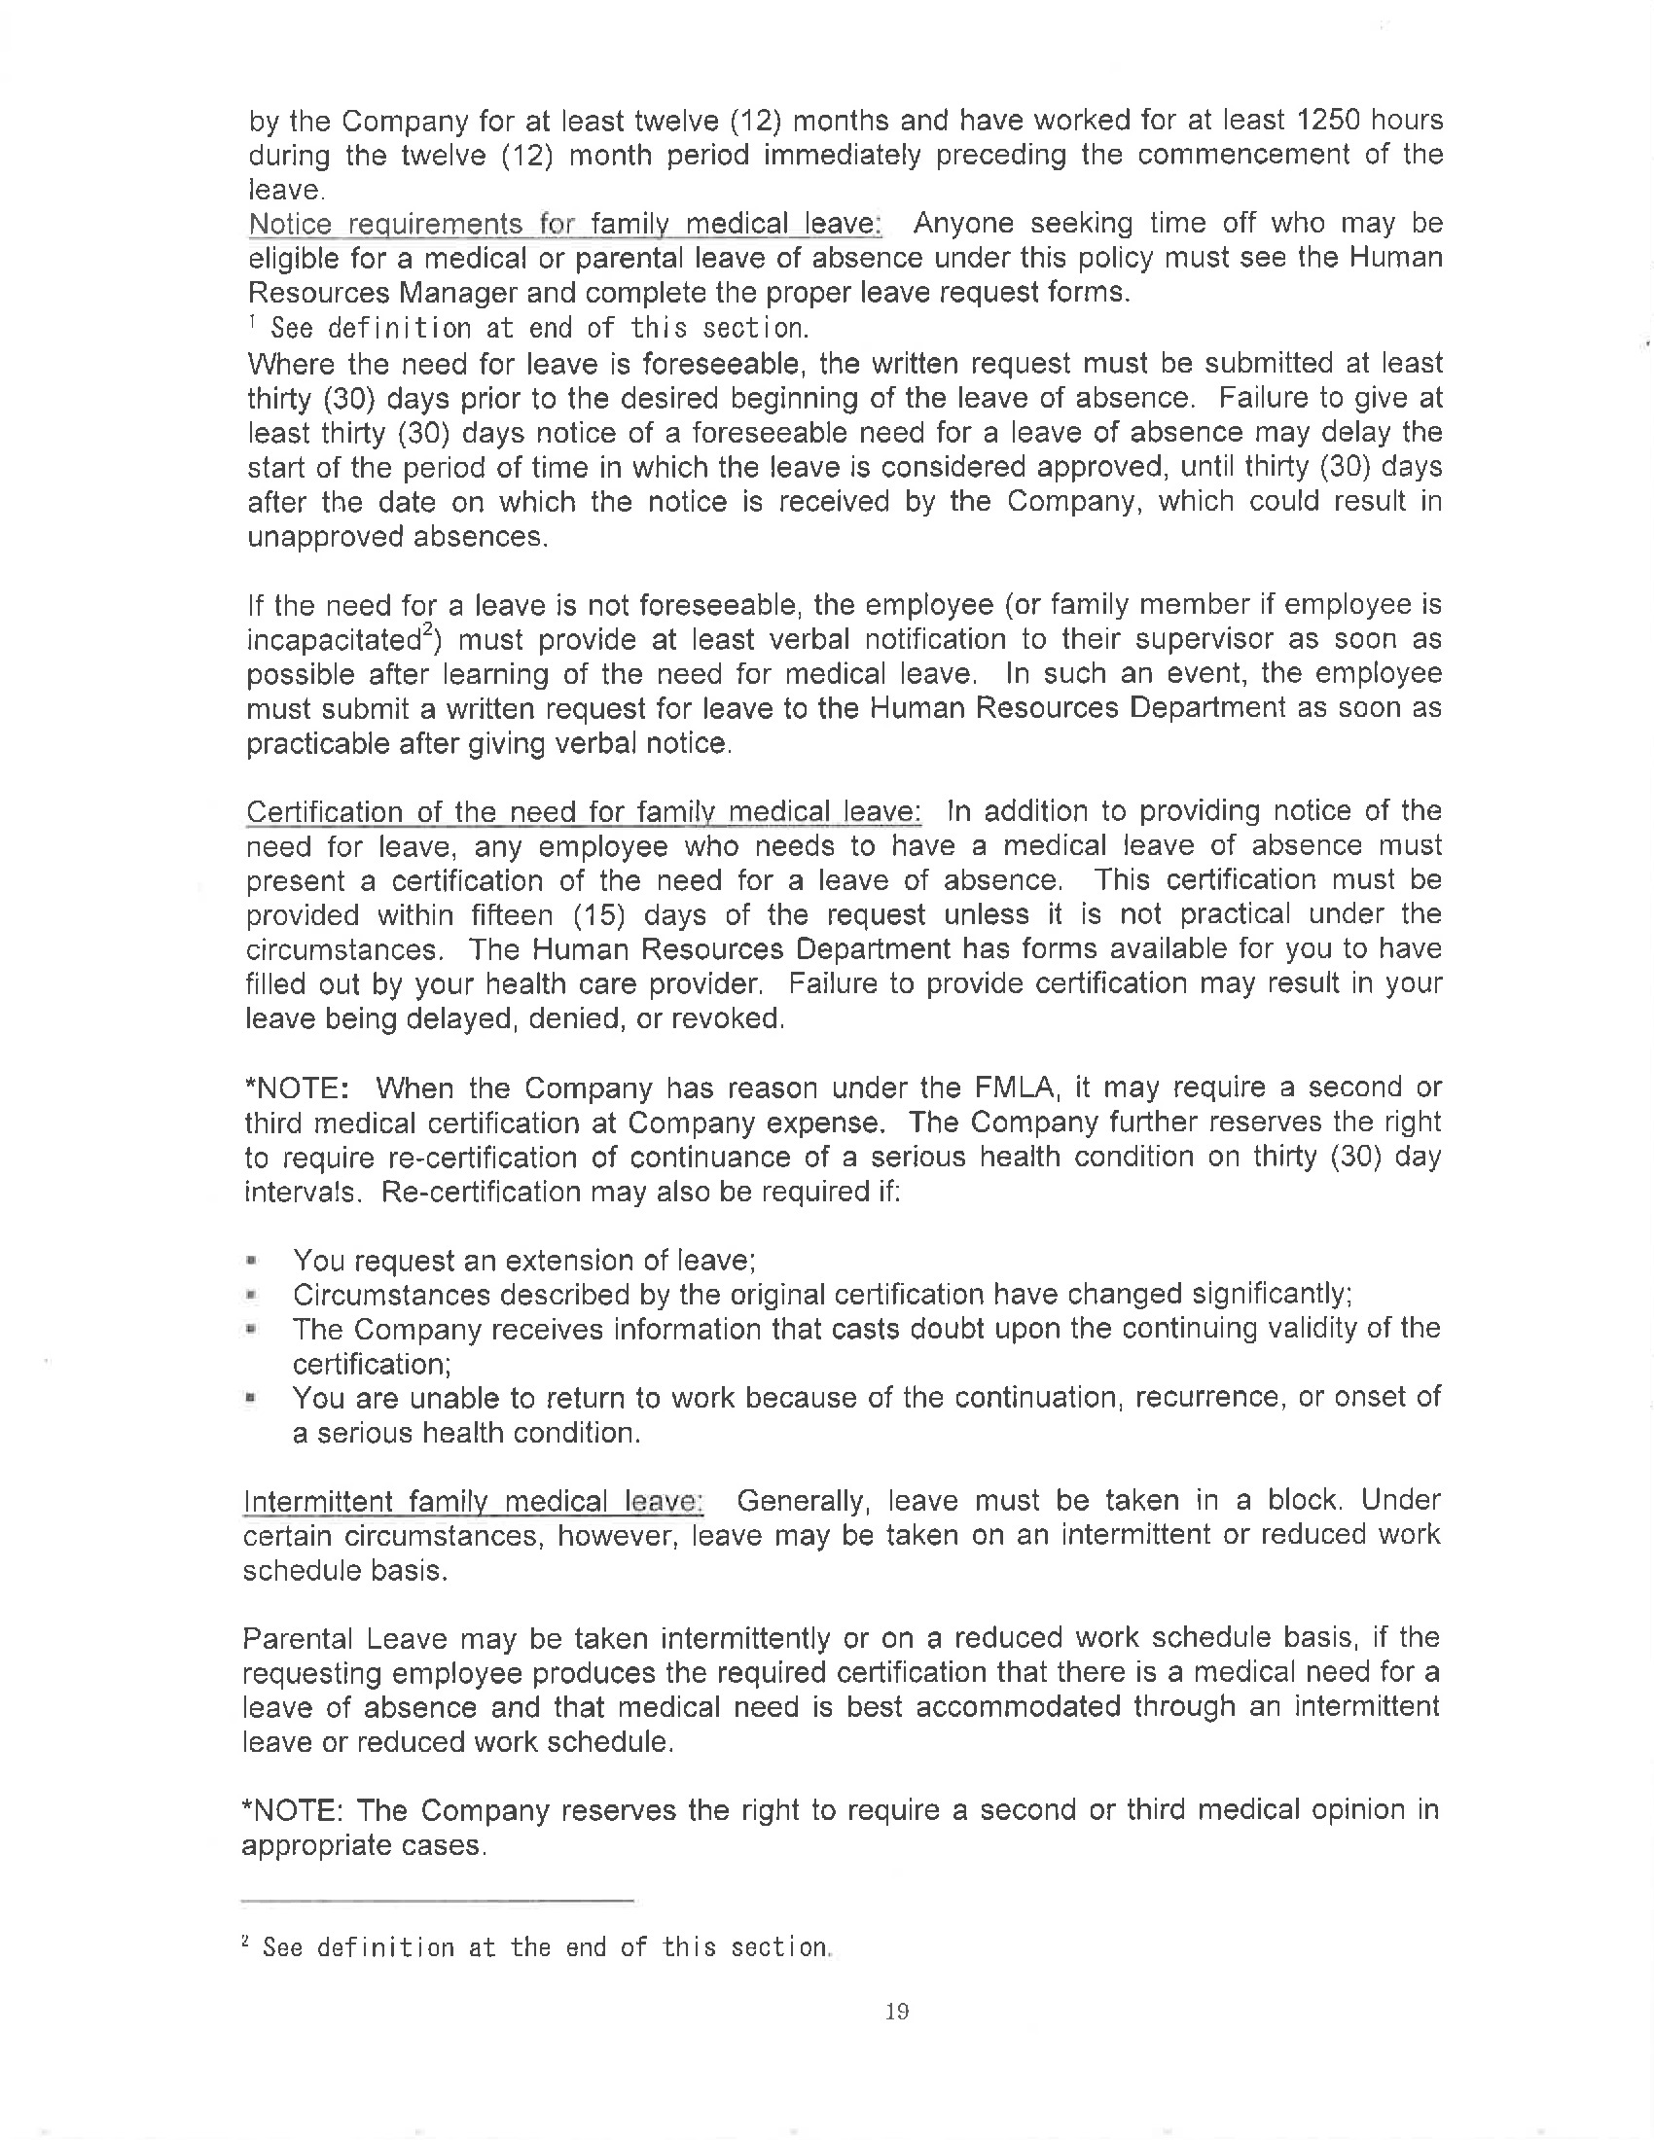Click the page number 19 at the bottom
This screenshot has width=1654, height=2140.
point(897,2012)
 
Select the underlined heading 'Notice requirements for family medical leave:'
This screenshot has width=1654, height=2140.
point(565,225)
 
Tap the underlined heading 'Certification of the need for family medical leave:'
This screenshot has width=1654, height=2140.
point(583,812)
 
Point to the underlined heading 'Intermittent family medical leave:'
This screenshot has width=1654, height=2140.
point(472,1501)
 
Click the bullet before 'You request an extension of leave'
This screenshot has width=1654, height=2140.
point(253,1260)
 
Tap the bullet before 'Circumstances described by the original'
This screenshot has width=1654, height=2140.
point(253,1296)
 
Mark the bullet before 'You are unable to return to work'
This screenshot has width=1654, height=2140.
point(253,1399)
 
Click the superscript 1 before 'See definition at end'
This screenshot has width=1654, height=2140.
point(253,320)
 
